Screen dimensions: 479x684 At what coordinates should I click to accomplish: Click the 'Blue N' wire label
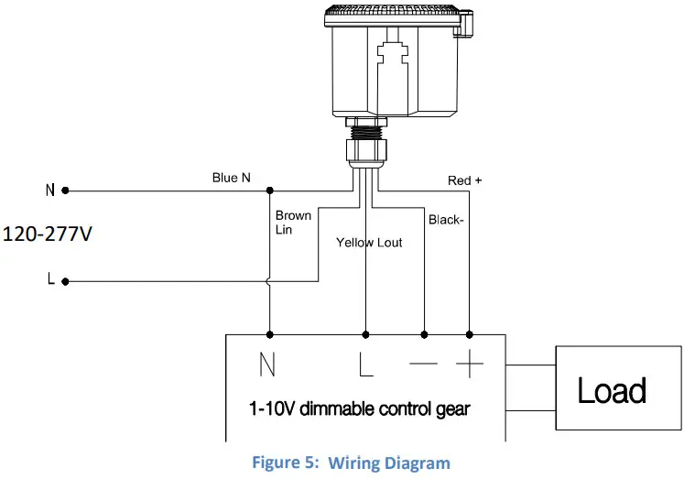click(231, 178)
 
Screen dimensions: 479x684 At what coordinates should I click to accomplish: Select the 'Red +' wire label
click(464, 180)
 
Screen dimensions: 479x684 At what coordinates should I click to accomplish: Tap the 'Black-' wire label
click(446, 221)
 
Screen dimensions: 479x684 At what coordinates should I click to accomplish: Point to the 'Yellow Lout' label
click(368, 243)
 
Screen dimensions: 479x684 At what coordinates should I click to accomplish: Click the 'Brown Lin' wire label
click(293, 223)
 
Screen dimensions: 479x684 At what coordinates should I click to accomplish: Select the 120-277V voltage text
click(48, 234)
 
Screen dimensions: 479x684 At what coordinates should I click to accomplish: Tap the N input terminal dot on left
click(65, 191)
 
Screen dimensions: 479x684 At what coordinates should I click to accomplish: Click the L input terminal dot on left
click(65, 280)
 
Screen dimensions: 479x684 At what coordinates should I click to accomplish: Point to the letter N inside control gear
click(267, 366)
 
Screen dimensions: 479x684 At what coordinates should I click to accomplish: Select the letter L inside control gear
click(365, 366)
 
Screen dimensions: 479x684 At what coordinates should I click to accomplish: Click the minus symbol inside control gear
click(423, 365)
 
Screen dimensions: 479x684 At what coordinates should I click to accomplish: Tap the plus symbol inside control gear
click(469, 365)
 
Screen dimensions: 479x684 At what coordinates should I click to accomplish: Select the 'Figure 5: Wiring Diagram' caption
click(351, 463)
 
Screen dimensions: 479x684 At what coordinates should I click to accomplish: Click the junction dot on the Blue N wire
click(269, 191)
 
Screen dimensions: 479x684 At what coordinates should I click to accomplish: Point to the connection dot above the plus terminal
click(470, 334)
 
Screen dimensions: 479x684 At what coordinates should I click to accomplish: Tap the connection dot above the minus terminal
click(423, 334)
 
